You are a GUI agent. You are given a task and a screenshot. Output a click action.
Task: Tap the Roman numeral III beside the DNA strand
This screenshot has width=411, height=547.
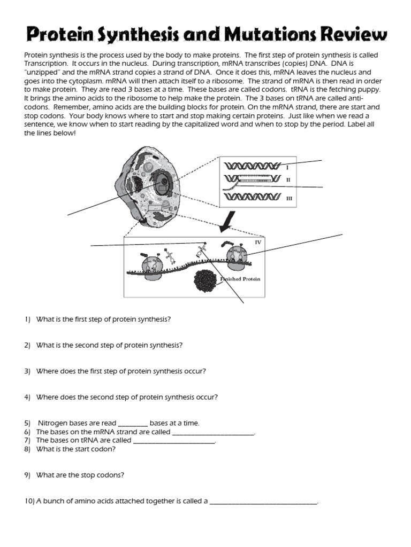(289, 198)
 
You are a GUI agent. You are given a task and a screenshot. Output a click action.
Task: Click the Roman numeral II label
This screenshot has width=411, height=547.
(288, 180)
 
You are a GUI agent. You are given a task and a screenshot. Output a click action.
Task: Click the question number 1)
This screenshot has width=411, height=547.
(28, 319)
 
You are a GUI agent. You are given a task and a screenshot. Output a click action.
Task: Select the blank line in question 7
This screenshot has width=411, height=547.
(173, 442)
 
